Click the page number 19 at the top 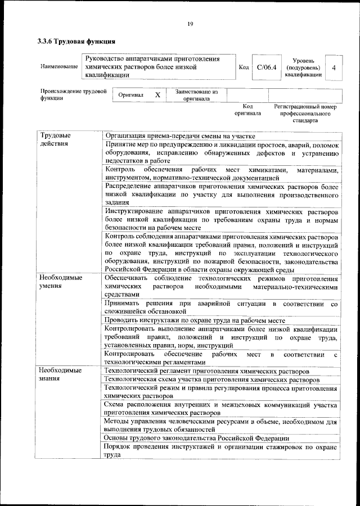190,23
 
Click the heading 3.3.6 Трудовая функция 76,42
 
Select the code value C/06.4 266,67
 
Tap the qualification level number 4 334,67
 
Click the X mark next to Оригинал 157,95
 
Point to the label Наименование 59,67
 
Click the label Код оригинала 247,109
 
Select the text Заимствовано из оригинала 196,95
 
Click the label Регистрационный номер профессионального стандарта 305,113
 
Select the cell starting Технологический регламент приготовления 206,372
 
